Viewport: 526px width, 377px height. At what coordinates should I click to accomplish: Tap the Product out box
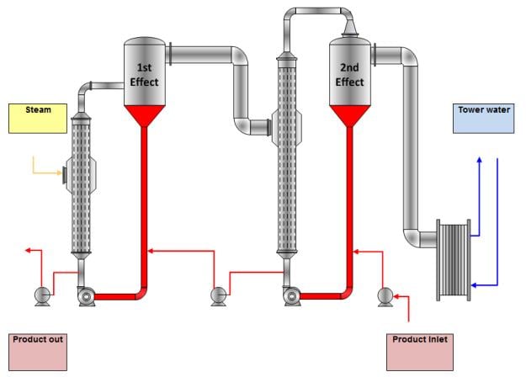tap(38, 350)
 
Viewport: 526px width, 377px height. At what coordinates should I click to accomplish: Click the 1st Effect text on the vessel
tap(143, 74)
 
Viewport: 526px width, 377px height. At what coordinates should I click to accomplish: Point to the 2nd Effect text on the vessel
tap(349, 74)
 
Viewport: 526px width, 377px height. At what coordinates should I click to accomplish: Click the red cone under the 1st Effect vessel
tap(143, 116)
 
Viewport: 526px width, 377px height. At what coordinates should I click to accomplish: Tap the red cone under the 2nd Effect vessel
tap(349, 116)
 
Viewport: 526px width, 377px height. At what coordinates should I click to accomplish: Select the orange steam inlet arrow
tap(44, 171)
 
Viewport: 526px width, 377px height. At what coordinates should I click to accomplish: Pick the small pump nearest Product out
tap(40, 295)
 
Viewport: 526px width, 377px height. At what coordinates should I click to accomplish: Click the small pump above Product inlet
tap(385, 295)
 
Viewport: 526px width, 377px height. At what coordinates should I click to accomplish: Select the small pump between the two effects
tap(218, 295)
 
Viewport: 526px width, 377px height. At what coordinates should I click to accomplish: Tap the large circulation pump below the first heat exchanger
tap(86, 295)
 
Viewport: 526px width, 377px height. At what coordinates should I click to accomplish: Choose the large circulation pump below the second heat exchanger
tap(291, 295)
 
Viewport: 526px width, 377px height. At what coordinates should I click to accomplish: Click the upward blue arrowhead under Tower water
tap(479, 159)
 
